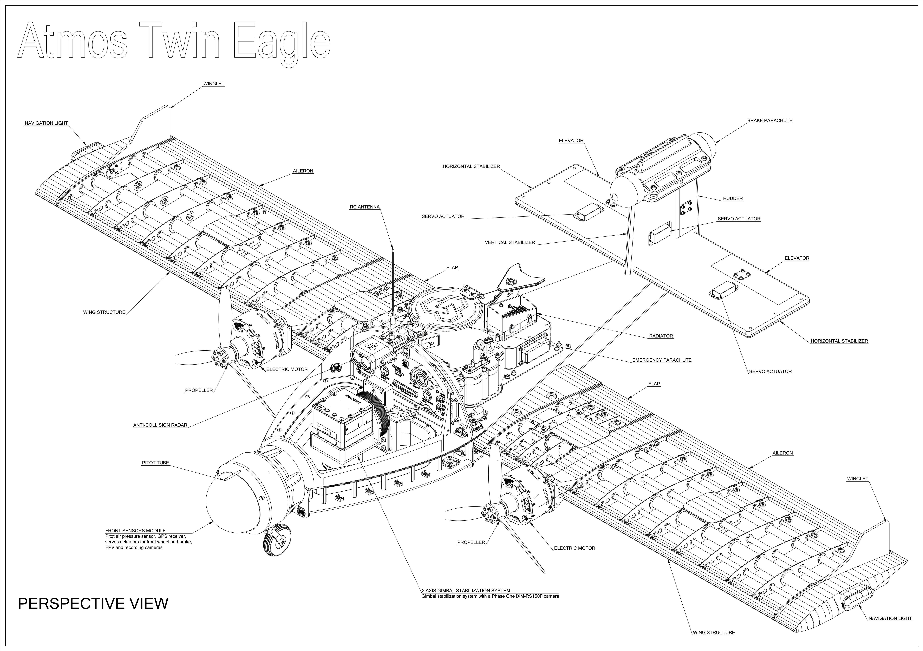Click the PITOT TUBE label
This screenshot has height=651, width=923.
[156, 463]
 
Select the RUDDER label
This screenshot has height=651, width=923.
[733, 198]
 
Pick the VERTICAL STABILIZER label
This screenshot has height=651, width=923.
[510, 243]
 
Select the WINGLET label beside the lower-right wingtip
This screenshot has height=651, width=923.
[857, 479]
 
